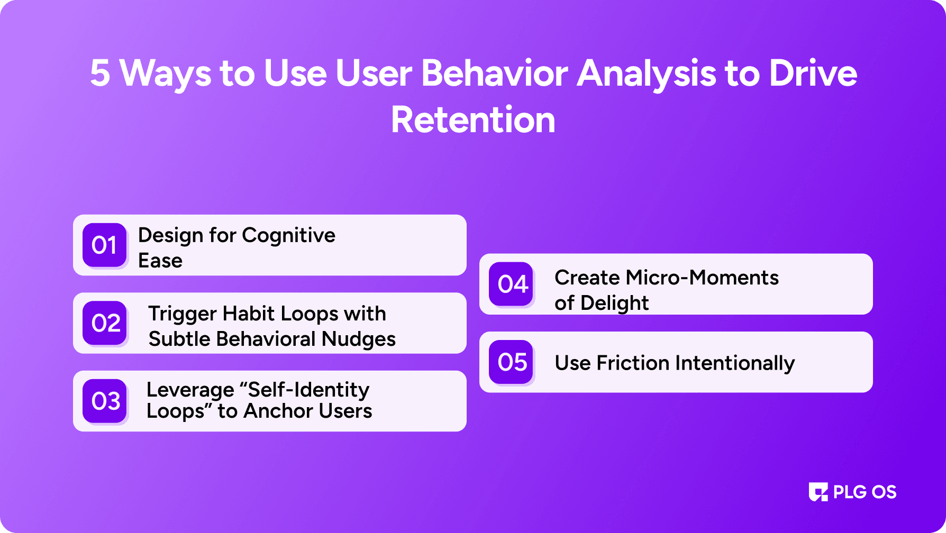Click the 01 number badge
pos(105,245)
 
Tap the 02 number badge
pos(105,323)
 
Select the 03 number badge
pos(105,401)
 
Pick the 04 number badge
pos(511,284)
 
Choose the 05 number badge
pos(511,362)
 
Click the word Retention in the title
pos(473,120)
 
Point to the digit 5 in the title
pos(100,73)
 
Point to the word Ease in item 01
pos(160,261)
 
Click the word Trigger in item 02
pos(183,314)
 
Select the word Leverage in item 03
pos(190,390)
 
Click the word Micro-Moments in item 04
pos(702,278)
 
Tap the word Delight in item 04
pos(614,303)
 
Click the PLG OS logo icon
pos(818,492)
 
